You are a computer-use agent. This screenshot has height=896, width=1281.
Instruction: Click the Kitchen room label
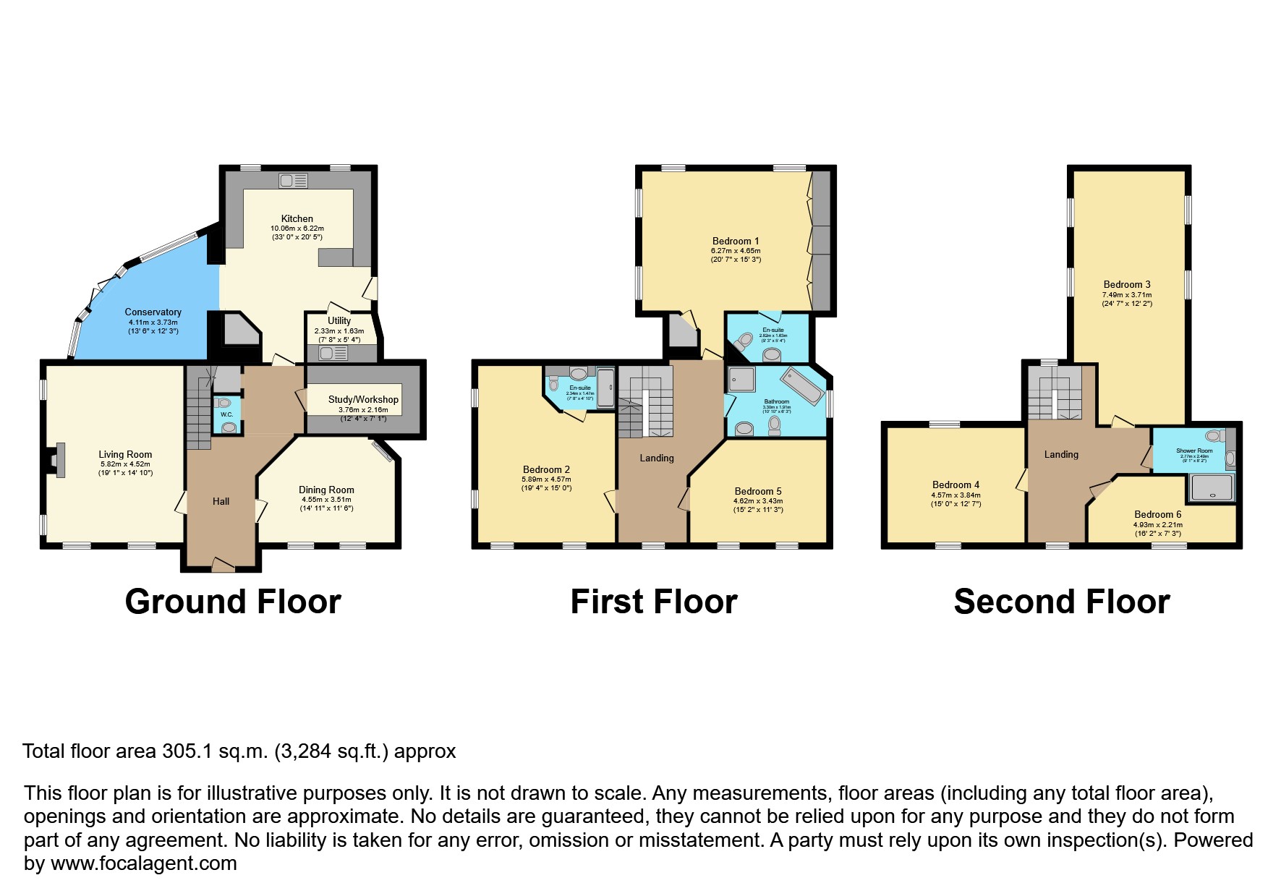[x=297, y=218]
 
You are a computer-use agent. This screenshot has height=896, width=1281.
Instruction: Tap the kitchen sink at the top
[x=293, y=180]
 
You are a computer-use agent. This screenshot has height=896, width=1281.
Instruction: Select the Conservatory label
[x=153, y=312]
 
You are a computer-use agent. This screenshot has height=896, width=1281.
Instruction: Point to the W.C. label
[x=226, y=414]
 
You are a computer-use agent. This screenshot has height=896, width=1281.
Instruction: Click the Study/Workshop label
[x=363, y=399]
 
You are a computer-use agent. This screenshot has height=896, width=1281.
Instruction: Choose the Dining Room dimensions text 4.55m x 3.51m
[x=326, y=499]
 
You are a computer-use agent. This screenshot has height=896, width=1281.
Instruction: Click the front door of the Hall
[x=223, y=565]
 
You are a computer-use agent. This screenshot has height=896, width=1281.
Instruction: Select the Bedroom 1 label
[x=736, y=241]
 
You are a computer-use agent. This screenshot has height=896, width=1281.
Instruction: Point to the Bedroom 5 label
[x=758, y=491]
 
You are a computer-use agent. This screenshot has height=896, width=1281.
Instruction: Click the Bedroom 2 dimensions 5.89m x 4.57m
[x=546, y=479]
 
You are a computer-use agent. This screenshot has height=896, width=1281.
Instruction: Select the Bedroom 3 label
[x=1127, y=284]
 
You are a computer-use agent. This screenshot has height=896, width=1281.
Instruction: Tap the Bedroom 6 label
[x=1157, y=515]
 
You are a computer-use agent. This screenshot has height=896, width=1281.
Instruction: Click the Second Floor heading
[x=1061, y=602]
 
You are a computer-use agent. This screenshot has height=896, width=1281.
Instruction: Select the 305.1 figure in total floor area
[x=187, y=751]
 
